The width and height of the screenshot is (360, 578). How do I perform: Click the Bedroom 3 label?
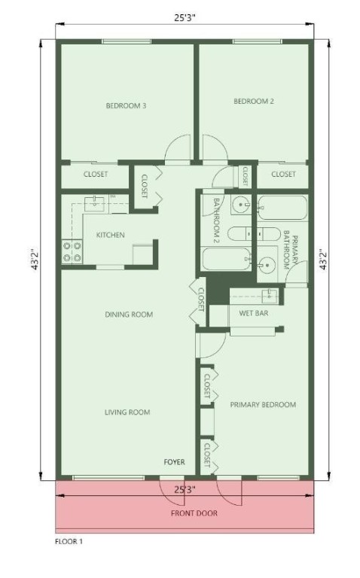pos(126,106)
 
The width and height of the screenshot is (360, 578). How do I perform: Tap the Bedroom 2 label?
pos(254,101)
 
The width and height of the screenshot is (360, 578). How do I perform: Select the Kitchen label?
pos(110,235)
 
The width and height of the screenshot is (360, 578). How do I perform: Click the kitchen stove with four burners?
pos(72,252)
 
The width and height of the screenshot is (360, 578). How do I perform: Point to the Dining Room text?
pos(129,315)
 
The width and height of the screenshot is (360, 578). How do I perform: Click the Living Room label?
pos(127,412)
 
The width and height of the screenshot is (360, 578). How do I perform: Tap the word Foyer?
pos(174,462)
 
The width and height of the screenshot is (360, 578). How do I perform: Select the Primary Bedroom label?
pos(263,405)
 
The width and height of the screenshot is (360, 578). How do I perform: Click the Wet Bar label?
pos(254,313)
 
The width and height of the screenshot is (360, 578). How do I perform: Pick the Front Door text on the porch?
pos(194,513)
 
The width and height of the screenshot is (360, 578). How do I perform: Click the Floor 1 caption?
pos(69,542)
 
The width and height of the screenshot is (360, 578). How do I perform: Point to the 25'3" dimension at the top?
pos(185,18)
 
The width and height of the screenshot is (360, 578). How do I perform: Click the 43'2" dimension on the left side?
pos(35,260)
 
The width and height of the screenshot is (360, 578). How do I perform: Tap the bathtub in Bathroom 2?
pos(227,259)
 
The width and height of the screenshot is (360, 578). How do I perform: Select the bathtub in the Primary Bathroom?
pos(282,208)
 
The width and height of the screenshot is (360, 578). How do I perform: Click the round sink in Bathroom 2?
pos(241,203)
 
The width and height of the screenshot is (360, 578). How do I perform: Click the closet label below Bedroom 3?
pos(96,174)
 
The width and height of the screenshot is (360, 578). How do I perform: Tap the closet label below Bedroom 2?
pos(283,174)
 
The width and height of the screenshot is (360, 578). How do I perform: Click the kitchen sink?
pos(94,203)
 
